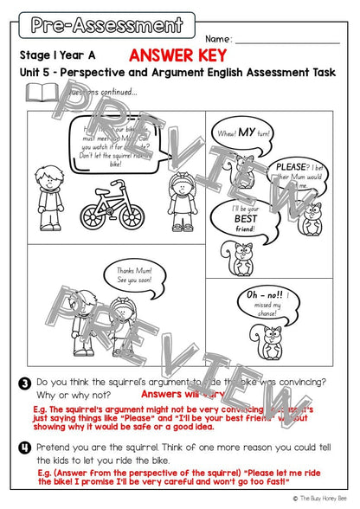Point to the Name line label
click(218, 40)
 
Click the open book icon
click(40, 93)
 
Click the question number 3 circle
click(27, 383)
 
